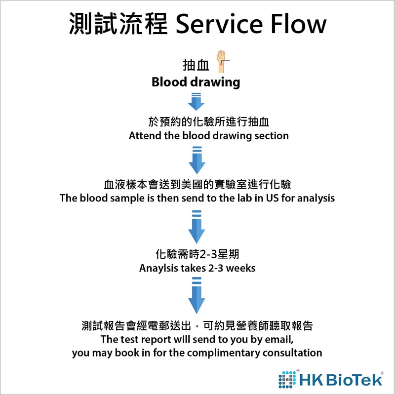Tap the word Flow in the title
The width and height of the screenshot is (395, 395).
pyautogui.click(x=299, y=24)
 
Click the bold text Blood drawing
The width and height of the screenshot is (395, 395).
pyautogui.click(x=196, y=82)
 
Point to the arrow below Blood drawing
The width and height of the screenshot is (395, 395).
pyautogui.click(x=196, y=101)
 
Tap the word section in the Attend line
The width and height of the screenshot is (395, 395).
pyautogui.click(x=271, y=135)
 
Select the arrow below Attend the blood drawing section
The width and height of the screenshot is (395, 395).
pyautogui.click(x=196, y=159)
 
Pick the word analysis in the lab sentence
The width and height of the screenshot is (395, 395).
pyautogui.click(x=316, y=198)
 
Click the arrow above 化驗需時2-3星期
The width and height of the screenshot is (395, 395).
pyautogui.click(x=196, y=227)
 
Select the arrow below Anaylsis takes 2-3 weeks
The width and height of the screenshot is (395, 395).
pyautogui.click(x=196, y=295)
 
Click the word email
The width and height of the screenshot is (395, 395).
pyautogui.click(x=279, y=340)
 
